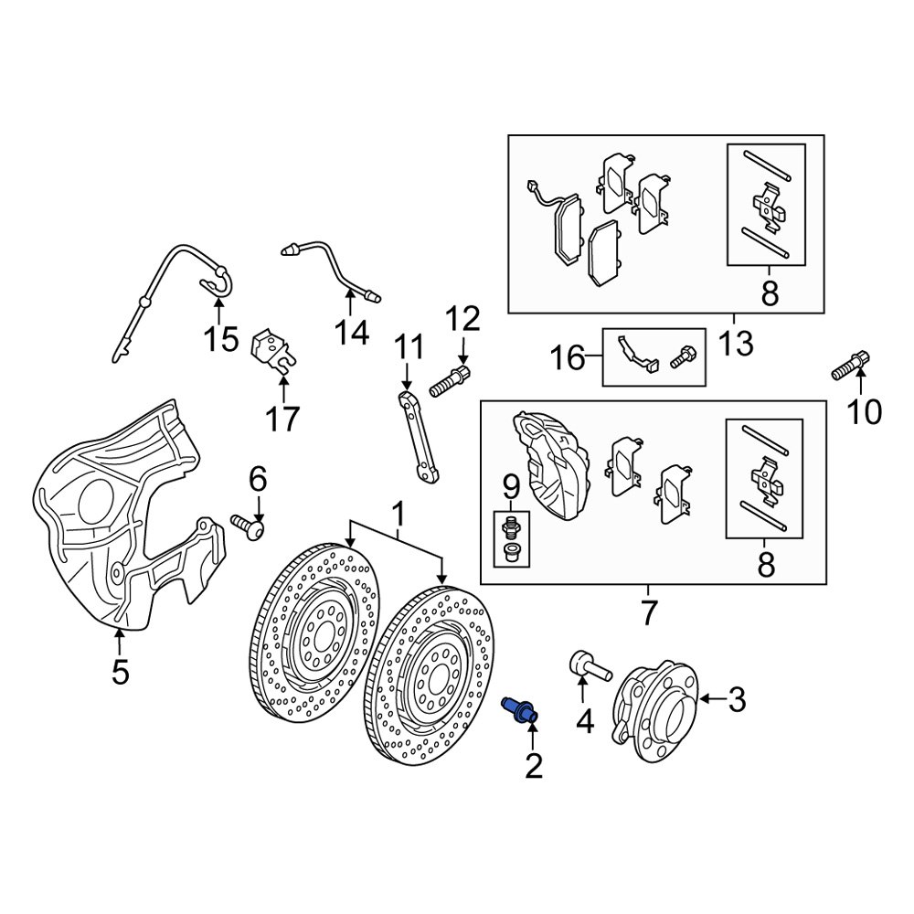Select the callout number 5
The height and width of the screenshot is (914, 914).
(120, 672)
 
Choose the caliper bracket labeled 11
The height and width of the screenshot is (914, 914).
(419, 437)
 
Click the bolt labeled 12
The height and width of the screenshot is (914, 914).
(451, 381)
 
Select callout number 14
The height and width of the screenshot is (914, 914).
(352, 333)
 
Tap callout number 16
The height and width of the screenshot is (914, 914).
(568, 357)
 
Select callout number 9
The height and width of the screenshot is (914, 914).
(511, 484)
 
